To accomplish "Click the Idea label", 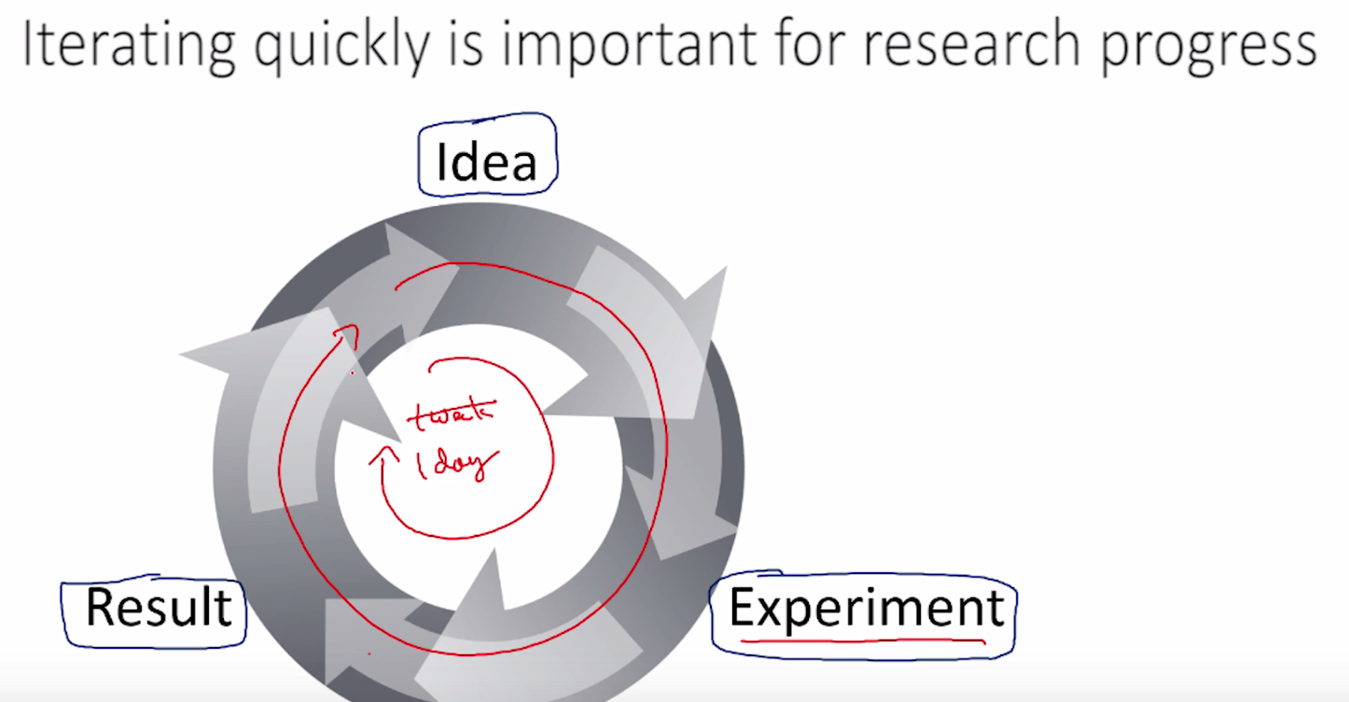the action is [487, 161].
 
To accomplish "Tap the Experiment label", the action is [866, 609].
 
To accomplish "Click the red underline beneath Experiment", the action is [863, 640].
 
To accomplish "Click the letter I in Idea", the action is [441, 161].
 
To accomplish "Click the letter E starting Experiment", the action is [741, 609].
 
